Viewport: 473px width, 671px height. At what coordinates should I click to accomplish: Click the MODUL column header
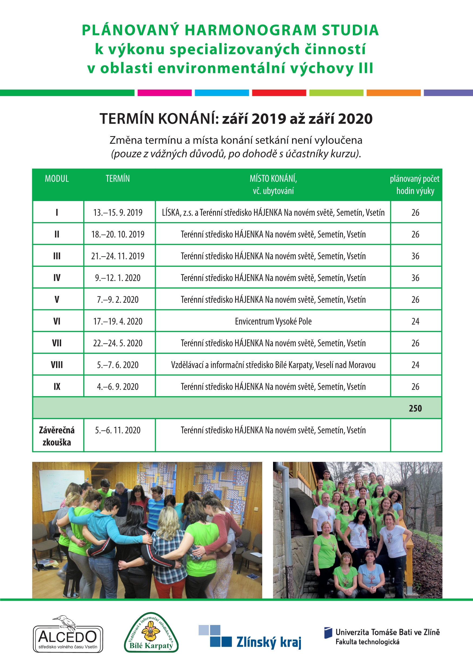(x=57, y=179)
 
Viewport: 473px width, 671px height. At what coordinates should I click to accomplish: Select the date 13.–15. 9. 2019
(x=118, y=212)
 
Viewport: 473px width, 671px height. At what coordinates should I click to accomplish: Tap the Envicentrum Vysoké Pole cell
(x=273, y=321)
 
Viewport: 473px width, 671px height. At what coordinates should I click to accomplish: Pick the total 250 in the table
(x=415, y=408)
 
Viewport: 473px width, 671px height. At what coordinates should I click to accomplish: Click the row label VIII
(x=57, y=365)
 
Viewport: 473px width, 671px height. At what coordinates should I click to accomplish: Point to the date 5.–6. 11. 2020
(x=118, y=430)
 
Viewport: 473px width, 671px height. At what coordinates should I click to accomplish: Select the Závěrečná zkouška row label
(x=57, y=436)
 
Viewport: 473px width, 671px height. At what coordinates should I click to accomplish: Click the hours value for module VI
(x=415, y=321)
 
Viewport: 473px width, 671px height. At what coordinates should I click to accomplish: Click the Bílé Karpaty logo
(x=151, y=635)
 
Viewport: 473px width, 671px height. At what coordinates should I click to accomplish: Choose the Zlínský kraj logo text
(x=268, y=642)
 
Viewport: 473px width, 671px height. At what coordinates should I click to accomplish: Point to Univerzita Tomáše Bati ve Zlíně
(x=387, y=632)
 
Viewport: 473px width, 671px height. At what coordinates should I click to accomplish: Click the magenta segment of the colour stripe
(x=165, y=93)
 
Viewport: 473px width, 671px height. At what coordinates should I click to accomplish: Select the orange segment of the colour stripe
(x=393, y=93)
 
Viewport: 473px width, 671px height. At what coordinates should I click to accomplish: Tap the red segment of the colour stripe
(x=279, y=93)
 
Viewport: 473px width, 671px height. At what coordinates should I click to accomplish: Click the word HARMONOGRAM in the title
(x=251, y=30)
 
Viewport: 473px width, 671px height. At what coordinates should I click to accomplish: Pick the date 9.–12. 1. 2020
(x=118, y=278)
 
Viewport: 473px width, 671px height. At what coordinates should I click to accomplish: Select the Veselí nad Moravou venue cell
(x=273, y=365)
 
